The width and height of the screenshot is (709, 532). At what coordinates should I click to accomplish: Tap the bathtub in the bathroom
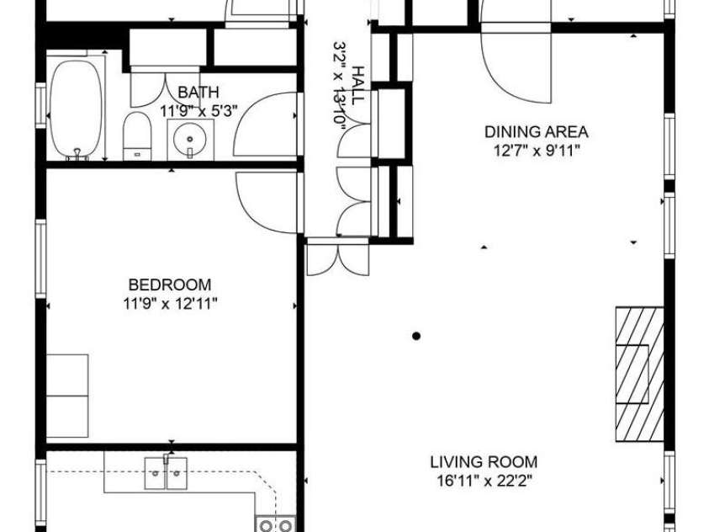pos(77,109)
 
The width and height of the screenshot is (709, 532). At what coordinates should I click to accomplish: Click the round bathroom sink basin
pos(190,135)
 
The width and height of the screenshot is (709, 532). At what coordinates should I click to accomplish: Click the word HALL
pos(358,85)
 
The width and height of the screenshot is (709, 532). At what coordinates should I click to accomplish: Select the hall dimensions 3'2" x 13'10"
pos(341,85)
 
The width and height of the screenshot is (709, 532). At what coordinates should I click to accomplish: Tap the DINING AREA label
pos(536,131)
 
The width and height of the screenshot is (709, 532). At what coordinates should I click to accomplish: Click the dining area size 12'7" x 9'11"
pos(536,150)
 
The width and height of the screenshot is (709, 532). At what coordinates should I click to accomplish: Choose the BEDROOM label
pos(170,285)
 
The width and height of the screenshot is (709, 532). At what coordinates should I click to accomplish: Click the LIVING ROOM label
pos(484,462)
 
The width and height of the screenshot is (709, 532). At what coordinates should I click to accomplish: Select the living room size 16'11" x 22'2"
pos(484,481)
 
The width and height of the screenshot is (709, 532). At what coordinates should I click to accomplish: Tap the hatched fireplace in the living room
pos(638,373)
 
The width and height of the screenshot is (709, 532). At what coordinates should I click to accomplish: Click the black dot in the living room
pos(415,337)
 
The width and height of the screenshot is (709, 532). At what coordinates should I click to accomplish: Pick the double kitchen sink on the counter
pos(167,473)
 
